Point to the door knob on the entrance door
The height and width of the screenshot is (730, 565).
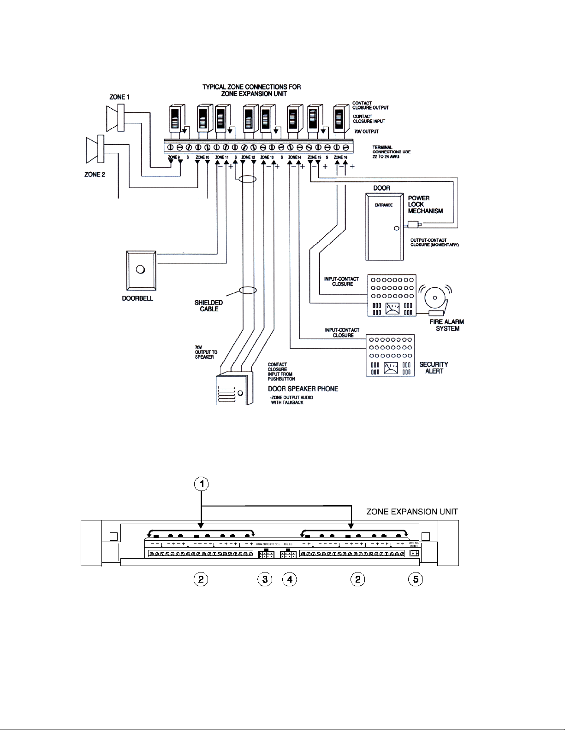[x=396, y=228]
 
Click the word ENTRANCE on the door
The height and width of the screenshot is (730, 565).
[x=383, y=205]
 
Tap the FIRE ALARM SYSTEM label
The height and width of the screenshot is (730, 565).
[x=446, y=325]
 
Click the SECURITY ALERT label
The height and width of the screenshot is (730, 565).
[x=434, y=368]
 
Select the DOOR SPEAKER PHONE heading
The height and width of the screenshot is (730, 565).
[x=303, y=389]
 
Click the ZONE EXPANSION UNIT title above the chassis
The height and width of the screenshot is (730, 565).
[x=412, y=512]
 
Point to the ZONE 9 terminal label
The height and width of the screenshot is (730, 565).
[x=174, y=158]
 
